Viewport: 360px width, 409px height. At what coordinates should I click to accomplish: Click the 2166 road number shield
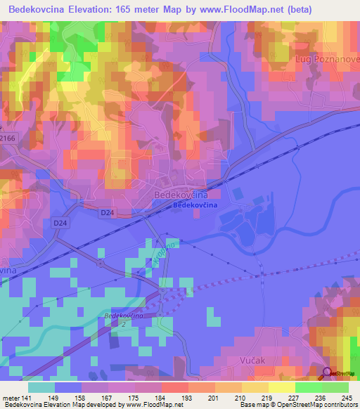(x=8, y=138)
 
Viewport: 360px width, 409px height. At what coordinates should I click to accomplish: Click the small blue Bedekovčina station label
(x=195, y=205)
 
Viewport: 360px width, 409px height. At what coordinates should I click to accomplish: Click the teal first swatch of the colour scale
(x=41, y=387)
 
